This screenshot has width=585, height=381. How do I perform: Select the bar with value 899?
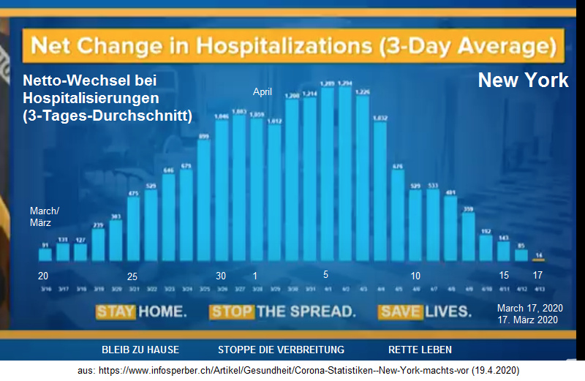click(x=204, y=201)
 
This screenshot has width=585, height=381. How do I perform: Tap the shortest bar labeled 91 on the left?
click(x=45, y=254)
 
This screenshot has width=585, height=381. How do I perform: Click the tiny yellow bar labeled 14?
click(x=539, y=260)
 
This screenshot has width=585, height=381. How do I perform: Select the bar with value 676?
click(x=398, y=216)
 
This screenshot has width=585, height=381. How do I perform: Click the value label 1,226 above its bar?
click(x=363, y=91)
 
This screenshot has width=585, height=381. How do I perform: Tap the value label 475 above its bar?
click(x=134, y=193)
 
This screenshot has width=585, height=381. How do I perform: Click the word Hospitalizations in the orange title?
click(x=287, y=48)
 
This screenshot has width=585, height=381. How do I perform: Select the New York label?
click(x=523, y=80)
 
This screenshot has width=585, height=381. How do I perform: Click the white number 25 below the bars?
click(x=132, y=276)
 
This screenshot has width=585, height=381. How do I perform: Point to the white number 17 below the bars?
click(x=538, y=276)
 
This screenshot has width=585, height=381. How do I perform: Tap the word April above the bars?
click(x=263, y=92)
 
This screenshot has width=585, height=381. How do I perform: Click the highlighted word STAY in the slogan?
click(x=116, y=312)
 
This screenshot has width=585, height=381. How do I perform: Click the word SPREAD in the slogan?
click(x=317, y=312)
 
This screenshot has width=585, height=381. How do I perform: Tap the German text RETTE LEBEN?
click(x=420, y=350)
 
